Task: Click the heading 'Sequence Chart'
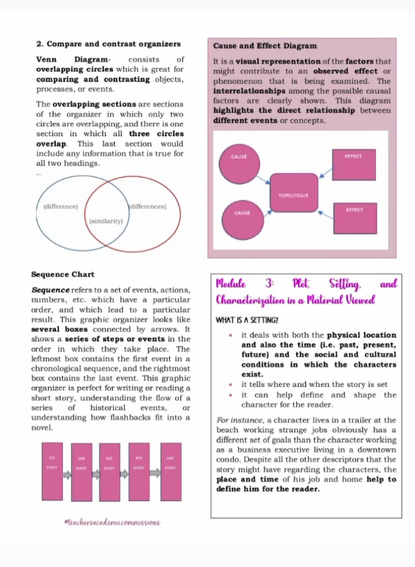click(x=63, y=274)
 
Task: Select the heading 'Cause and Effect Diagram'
click(x=265, y=46)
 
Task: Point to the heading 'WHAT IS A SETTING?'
click(x=247, y=320)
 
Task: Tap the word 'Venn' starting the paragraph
click(x=47, y=59)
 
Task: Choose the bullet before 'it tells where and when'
click(x=231, y=385)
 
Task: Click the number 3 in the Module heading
click(x=269, y=283)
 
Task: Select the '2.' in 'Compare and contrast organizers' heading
click(x=40, y=44)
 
